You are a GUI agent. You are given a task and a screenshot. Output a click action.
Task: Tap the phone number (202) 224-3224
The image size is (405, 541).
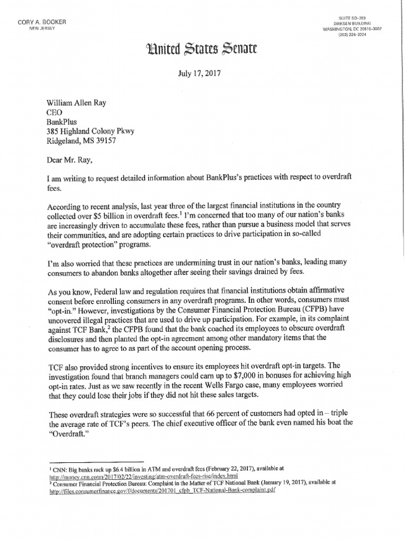point(369,34)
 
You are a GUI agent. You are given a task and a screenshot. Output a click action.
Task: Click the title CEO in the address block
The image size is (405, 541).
point(56,113)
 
